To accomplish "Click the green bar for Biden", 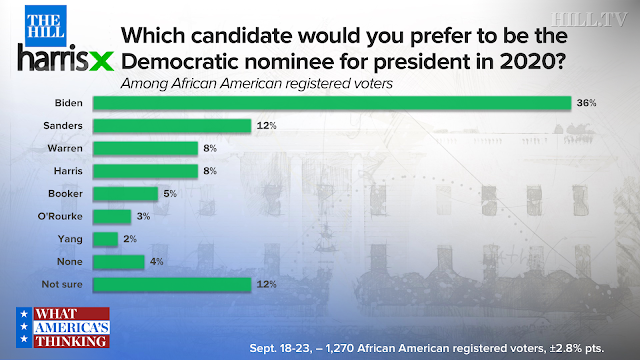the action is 332,103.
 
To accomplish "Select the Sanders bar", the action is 172,126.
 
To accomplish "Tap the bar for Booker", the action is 125,194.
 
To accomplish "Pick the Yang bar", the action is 105,239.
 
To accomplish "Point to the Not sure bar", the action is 172,284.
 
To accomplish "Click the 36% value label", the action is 586,103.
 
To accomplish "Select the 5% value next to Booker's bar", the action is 170,194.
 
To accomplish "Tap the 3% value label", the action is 143,216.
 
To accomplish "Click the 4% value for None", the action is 156,262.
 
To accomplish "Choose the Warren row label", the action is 65,148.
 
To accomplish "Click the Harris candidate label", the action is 68,171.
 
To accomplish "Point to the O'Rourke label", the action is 60,216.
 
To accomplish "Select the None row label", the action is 70,262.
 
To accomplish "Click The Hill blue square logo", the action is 46,26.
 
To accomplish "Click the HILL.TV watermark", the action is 589,19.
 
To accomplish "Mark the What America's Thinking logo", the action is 63,327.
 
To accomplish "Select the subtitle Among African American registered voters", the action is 257,84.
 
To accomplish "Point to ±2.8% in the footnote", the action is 565,348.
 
